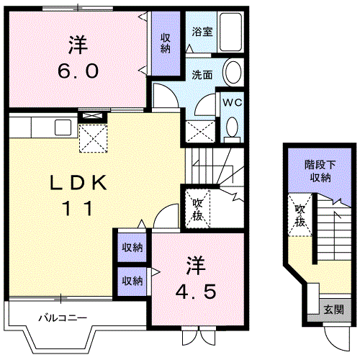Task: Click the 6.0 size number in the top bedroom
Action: pyautogui.click(x=78, y=73)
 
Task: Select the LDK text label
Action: pyautogui.click(x=78, y=183)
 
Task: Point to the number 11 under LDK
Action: pyautogui.click(x=79, y=209)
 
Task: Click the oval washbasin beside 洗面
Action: pyautogui.click(x=233, y=73)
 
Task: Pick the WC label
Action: pyautogui.click(x=231, y=103)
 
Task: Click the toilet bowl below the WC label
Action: pyautogui.click(x=231, y=127)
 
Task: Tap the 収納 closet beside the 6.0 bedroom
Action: pyautogui.click(x=166, y=43)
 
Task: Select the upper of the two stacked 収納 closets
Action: pyautogui.click(x=132, y=247)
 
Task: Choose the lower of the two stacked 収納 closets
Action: pyautogui.click(x=132, y=280)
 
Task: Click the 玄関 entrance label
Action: pyautogui.click(x=333, y=309)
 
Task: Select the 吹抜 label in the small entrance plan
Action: pyautogui.click(x=300, y=215)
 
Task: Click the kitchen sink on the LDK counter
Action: pyautogui.click(x=61, y=127)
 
